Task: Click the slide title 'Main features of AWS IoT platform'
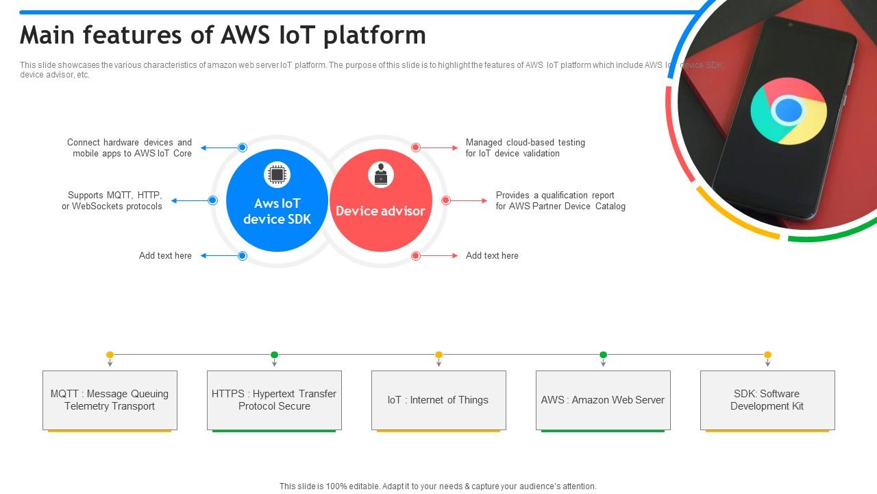223,35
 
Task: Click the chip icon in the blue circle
277,175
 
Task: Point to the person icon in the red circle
380,175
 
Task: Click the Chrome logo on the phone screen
788,110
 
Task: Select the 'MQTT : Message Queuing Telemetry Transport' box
110,400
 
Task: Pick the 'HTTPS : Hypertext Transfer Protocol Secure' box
274,400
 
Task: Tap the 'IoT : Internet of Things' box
438,400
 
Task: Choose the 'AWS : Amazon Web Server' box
603,400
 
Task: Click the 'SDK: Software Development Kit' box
767,400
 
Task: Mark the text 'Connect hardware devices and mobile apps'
129,148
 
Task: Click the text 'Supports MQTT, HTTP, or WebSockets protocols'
113,200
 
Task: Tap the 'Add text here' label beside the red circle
492,255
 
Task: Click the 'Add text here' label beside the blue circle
165,255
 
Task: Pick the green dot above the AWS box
603,355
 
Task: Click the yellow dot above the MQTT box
110,355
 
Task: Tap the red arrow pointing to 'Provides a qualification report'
469,200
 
